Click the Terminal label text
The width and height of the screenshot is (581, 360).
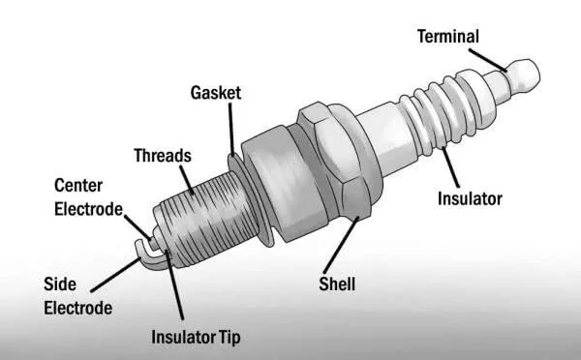pyautogui.click(x=447, y=37)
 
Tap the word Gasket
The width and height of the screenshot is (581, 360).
pyautogui.click(x=215, y=93)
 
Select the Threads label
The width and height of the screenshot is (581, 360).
pyautogui.click(x=163, y=155)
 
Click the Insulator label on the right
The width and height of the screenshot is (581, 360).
pyautogui.click(x=470, y=199)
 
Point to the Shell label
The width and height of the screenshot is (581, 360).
pyautogui.click(x=337, y=285)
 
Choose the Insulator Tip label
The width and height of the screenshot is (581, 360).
pyautogui.click(x=196, y=338)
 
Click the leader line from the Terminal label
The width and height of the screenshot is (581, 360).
pyautogui.click(x=493, y=57)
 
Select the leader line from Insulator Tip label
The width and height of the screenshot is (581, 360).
pyautogui.click(x=174, y=290)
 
